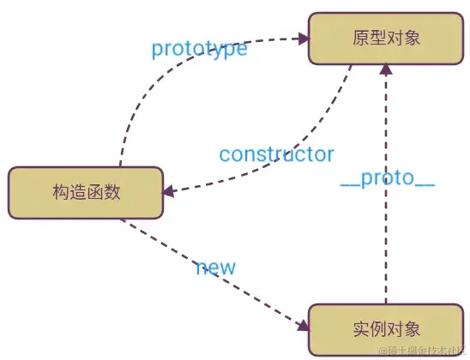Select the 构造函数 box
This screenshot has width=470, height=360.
(85, 192)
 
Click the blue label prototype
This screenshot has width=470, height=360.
(199, 49)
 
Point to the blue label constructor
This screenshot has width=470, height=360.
(275, 154)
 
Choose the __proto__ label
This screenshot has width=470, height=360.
(387, 181)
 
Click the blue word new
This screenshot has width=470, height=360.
(215, 267)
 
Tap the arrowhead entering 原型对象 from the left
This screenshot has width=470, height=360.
(302, 38)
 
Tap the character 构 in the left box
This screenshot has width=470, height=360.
(58, 192)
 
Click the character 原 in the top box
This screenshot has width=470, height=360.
(359, 38)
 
